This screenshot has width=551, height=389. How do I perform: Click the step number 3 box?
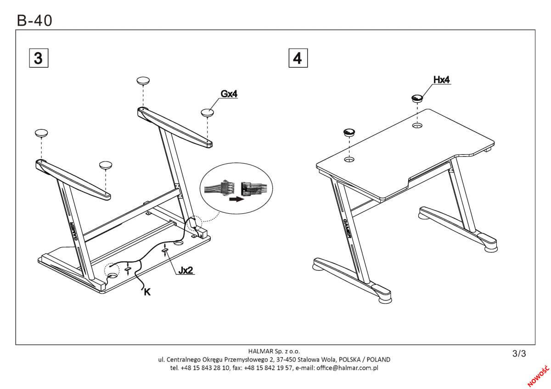tap(39, 58)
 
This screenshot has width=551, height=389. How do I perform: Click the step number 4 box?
tap(298, 58)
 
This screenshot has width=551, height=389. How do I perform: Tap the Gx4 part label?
tap(229, 94)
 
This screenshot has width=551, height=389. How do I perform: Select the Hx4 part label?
tap(441, 80)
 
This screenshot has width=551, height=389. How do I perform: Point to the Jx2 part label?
tap(186, 270)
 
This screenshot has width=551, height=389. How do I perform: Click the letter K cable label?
tap(147, 292)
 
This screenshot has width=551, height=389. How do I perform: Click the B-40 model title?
tap(34, 20)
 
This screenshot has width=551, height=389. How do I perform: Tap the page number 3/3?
tap(519, 354)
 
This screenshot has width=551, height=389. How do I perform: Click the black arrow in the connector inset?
tap(236, 199)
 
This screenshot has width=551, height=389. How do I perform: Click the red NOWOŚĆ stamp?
tap(539, 376)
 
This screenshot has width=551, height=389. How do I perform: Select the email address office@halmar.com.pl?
tap(347, 368)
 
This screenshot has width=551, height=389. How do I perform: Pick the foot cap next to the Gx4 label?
tap(207, 112)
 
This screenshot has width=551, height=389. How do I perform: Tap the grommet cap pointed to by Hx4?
tap(417, 98)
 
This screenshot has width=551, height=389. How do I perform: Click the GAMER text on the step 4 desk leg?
tap(347, 228)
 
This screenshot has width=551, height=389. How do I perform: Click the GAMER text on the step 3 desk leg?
tap(74, 231)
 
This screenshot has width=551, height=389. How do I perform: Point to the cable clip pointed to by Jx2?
tap(165, 250)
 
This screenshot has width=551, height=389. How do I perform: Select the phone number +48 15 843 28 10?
tap(205, 368)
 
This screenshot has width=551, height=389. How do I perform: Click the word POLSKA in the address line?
tap(350, 360)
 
